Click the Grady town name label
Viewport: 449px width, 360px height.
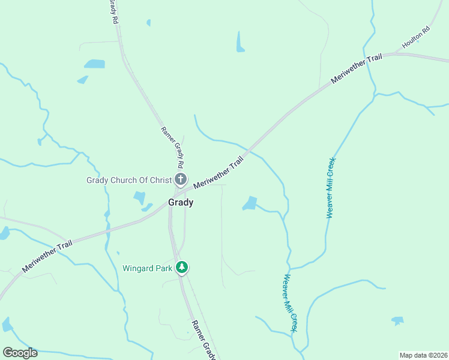181,203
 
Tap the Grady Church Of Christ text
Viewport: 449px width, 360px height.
129,179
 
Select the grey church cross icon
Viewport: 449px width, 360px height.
181,179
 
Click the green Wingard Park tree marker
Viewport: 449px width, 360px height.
182,268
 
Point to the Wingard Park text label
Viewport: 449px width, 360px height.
147,268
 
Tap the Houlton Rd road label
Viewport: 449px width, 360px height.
417,37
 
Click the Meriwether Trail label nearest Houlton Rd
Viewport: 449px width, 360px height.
357,70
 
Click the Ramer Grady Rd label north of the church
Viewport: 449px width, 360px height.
172,148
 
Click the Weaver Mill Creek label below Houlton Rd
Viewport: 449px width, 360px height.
330,188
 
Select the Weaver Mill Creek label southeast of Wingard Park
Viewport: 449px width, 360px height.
289,303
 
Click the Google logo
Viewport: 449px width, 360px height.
20,353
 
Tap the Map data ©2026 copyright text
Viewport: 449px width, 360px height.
423,355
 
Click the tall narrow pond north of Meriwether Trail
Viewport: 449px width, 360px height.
240,41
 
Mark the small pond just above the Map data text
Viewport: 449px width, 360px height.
397,320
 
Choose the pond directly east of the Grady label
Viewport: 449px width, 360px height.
250,203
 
